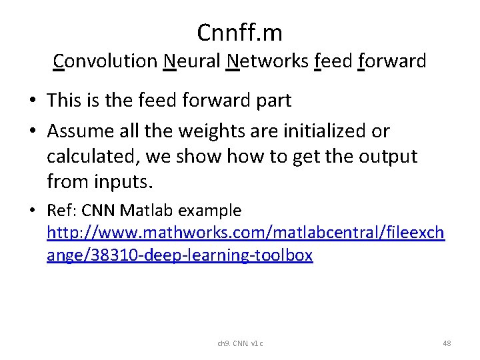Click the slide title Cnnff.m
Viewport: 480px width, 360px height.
pyautogui.click(x=239, y=31)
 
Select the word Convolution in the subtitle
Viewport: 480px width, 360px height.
pyautogui.click(x=105, y=61)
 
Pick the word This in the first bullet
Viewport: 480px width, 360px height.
pyautogui.click(x=64, y=101)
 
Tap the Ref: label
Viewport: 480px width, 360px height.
pyautogui.click(x=61, y=211)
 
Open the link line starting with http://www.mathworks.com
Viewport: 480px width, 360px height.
pyautogui.click(x=245, y=233)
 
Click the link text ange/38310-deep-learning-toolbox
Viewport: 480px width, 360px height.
pyautogui.click(x=179, y=255)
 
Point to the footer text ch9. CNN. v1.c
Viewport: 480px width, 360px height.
pyautogui.click(x=240, y=343)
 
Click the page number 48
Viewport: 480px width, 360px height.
pyautogui.click(x=447, y=343)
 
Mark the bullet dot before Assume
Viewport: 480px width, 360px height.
pyautogui.click(x=32, y=131)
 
